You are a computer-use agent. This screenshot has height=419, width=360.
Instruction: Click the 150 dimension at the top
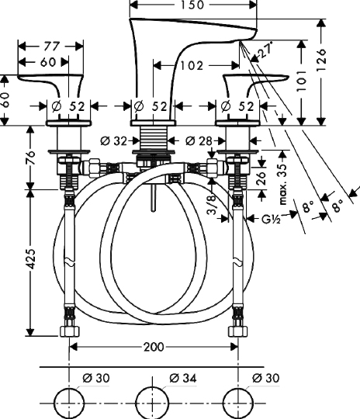192,5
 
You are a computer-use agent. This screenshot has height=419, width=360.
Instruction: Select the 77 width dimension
51,47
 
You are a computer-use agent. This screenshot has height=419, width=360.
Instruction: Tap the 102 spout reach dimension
192,65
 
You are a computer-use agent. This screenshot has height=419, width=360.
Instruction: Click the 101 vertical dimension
302,81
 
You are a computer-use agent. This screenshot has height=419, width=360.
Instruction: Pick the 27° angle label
266,50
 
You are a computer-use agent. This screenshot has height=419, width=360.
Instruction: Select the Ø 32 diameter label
113,140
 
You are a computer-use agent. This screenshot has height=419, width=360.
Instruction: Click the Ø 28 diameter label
199,140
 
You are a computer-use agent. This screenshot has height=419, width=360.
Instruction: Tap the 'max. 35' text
282,184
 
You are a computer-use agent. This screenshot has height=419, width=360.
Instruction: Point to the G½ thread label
271,220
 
